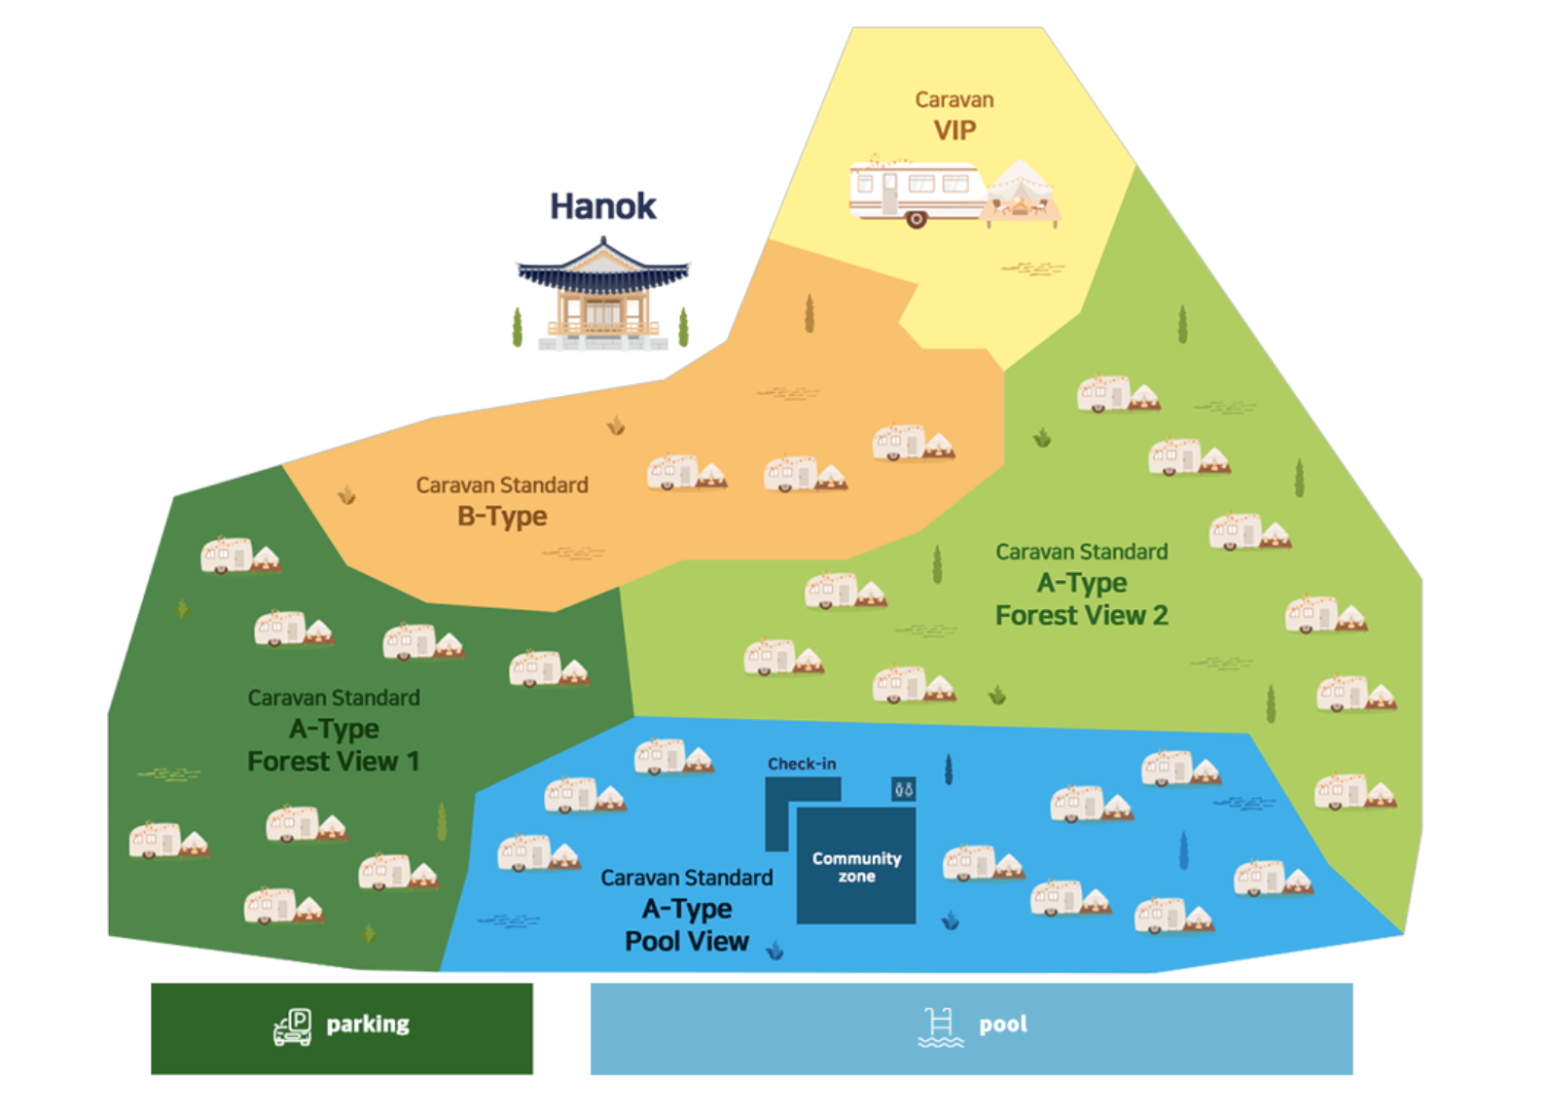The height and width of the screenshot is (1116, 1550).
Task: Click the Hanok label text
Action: coord(602,206)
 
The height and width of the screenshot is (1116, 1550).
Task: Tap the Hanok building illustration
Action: coord(602,296)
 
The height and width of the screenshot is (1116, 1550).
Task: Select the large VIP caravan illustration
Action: coord(916,191)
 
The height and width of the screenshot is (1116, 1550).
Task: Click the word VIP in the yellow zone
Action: coord(955,130)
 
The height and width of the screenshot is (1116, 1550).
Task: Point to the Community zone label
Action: coord(856,867)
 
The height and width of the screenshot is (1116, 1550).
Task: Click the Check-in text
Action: coord(801,764)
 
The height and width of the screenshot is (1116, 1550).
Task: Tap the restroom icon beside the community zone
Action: coord(904,789)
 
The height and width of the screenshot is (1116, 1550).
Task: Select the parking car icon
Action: coord(293,1026)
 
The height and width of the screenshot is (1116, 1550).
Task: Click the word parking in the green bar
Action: coord(368,1025)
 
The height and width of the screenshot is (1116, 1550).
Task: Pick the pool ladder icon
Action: coord(940,1027)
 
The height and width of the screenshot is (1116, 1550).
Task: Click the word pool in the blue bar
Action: coord(1003,1025)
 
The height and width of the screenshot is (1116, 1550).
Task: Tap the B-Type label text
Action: coord(502,517)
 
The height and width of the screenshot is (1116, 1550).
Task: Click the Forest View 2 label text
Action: coord(1081,616)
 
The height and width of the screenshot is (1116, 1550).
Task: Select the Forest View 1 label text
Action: coord(333,762)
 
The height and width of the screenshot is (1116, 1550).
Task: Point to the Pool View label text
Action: coord(686,942)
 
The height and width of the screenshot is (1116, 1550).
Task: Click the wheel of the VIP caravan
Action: coord(916,220)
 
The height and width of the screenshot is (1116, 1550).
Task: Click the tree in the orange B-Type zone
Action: coord(809,313)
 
